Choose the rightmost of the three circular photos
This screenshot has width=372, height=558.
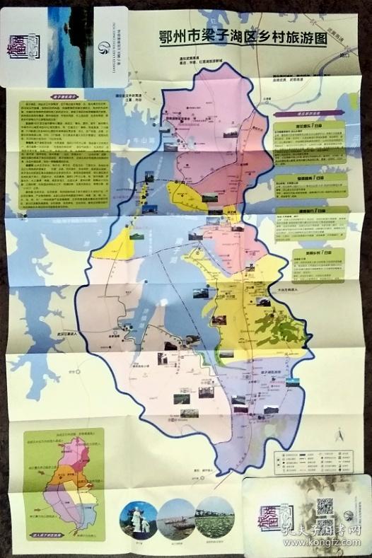(x=215, y=516)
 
